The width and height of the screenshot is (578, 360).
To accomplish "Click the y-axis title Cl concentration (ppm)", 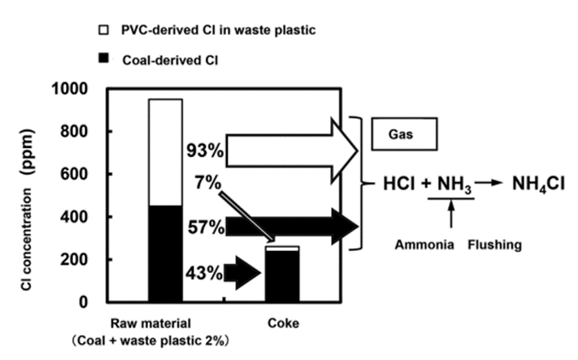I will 33,195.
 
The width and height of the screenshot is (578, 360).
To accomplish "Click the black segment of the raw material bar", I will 164,253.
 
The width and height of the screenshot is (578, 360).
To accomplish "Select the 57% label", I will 205,227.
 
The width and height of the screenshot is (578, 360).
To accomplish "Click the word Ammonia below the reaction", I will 419,243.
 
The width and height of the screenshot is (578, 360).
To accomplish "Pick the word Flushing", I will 493,243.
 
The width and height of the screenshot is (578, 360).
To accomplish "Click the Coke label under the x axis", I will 282,323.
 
